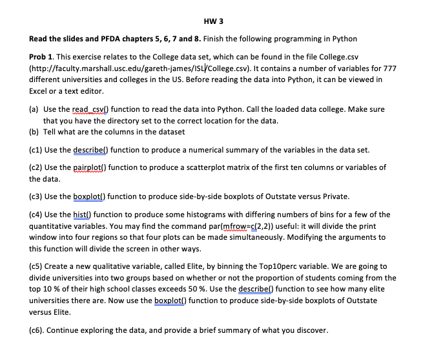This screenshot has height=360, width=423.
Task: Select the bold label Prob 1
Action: pos(44,57)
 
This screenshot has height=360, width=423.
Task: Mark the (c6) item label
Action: pos(40,330)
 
